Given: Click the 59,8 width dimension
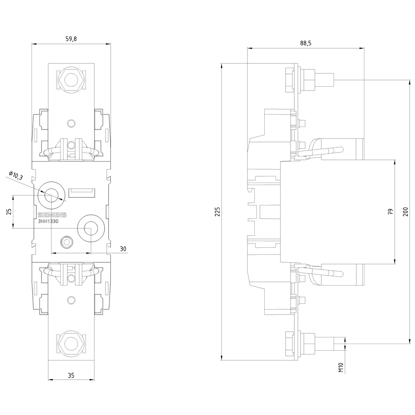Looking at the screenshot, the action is [x=71, y=39].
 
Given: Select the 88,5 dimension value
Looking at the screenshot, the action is [x=306, y=43].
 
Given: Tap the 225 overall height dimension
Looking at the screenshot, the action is [x=217, y=212].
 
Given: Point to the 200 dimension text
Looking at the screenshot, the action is [x=405, y=212].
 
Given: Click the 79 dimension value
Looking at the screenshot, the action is [x=391, y=212].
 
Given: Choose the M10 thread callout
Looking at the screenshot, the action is [x=341, y=367].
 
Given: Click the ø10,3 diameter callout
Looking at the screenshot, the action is [x=15, y=176].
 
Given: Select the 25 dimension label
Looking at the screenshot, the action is [x=9, y=212].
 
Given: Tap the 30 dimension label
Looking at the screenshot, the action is [x=123, y=249].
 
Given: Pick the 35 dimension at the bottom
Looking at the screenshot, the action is [x=71, y=375].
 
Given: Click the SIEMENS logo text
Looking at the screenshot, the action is [x=52, y=215].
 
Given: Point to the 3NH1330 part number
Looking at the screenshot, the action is [x=48, y=221].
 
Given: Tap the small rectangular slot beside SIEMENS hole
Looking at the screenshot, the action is [x=82, y=193].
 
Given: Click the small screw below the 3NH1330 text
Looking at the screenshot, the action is [x=66, y=242].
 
